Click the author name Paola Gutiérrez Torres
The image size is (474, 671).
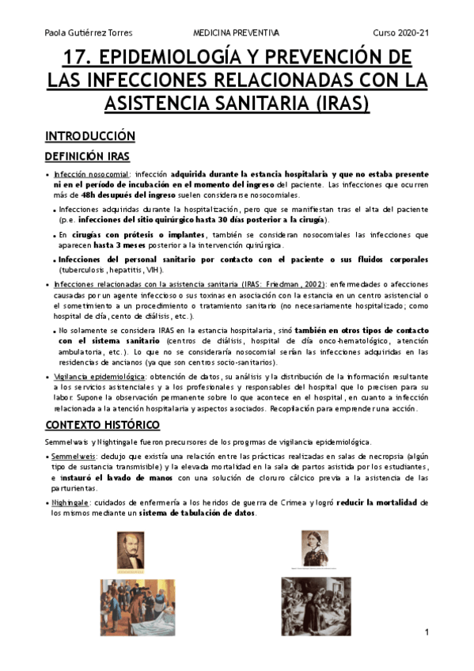[x=88, y=32]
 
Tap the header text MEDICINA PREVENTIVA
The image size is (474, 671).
[x=236, y=32]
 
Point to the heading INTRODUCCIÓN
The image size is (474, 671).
[x=89, y=136]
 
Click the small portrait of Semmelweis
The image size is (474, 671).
[x=131, y=550]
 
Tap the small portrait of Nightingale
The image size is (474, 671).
[x=315, y=548]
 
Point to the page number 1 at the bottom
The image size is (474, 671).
[x=426, y=633]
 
